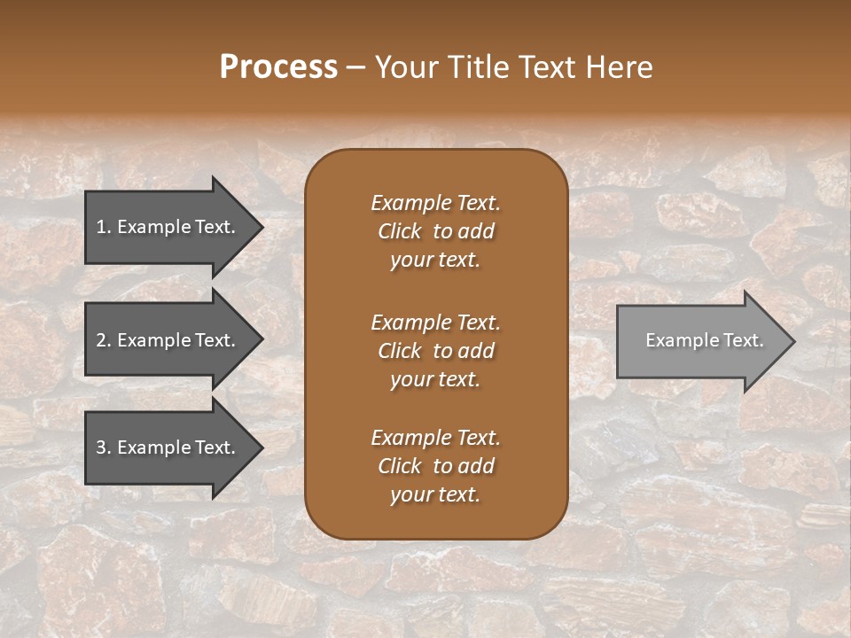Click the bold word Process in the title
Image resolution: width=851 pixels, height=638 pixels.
(x=278, y=66)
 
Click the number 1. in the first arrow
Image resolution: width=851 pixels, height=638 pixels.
(x=103, y=227)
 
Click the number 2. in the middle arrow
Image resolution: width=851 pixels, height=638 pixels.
(x=103, y=340)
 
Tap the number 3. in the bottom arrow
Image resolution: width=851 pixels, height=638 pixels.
(x=103, y=447)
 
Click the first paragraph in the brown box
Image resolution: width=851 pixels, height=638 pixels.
(x=435, y=231)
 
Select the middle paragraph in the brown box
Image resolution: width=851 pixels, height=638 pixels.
(x=435, y=350)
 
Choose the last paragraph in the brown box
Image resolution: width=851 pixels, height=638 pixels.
(x=435, y=466)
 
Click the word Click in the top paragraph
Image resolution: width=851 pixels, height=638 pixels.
(x=399, y=231)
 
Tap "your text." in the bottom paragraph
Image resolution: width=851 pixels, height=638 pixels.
(x=435, y=494)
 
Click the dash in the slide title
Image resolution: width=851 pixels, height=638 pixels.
(x=355, y=67)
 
